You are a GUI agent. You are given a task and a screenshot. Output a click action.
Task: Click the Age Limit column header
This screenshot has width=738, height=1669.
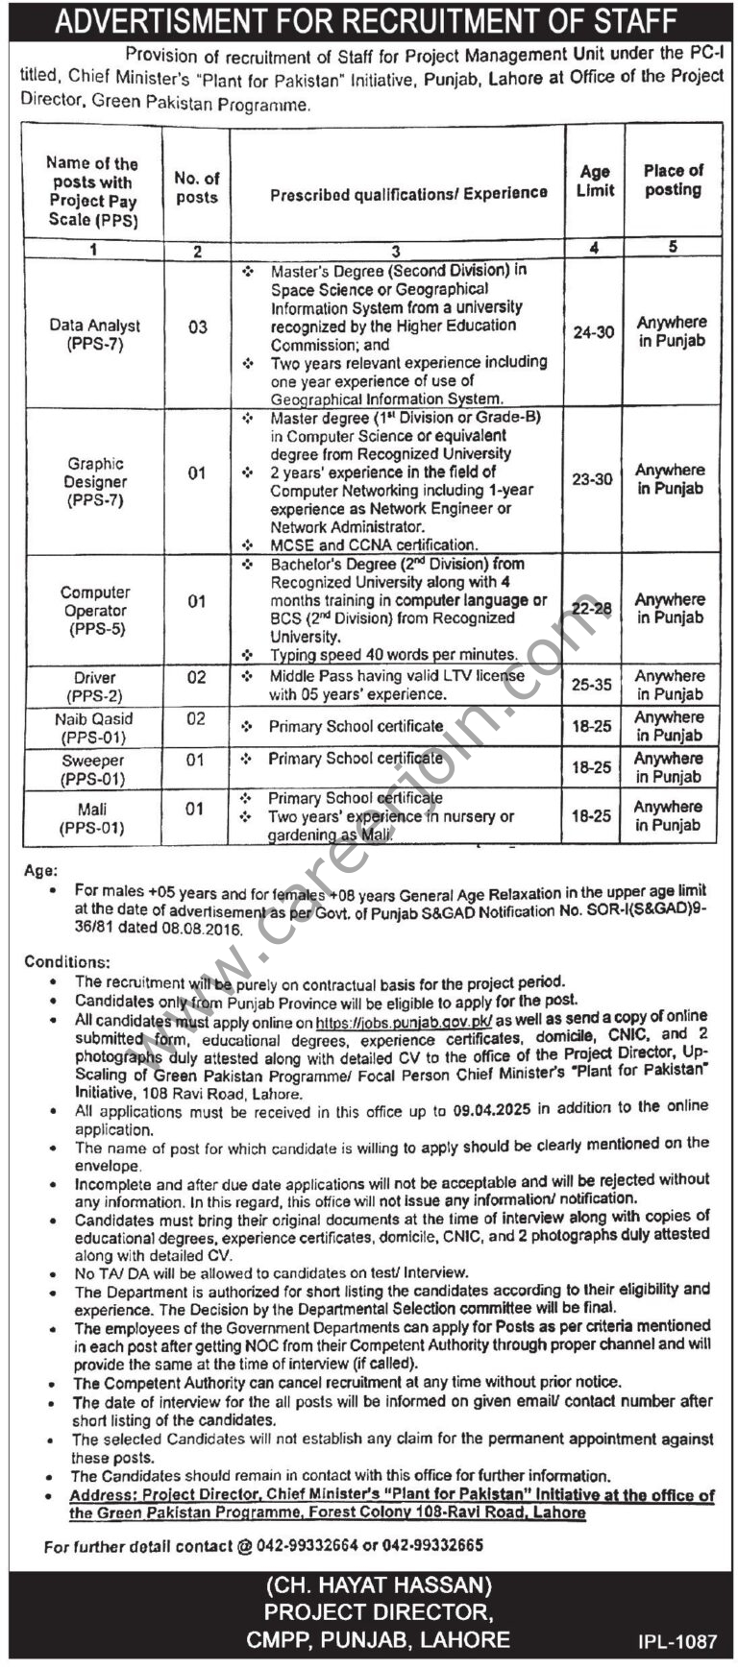595,181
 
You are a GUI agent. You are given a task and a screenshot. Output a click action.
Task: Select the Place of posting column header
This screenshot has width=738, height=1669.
673,180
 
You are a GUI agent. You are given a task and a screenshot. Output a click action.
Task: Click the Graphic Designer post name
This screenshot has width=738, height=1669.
95,481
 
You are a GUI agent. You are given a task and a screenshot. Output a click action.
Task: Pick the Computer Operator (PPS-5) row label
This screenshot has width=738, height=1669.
95,611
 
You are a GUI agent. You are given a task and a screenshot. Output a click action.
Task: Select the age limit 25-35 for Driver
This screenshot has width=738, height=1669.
592,686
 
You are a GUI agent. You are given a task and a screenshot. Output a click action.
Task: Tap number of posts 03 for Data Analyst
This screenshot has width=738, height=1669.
197,327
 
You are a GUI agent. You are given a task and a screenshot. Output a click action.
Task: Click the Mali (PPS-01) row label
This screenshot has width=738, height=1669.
93,818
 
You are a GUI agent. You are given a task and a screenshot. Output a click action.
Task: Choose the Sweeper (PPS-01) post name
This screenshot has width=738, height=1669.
92,768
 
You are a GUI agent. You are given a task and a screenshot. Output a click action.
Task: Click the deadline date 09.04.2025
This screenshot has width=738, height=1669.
490,1110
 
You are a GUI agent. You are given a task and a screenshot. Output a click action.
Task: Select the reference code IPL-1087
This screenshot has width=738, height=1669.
676,1641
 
